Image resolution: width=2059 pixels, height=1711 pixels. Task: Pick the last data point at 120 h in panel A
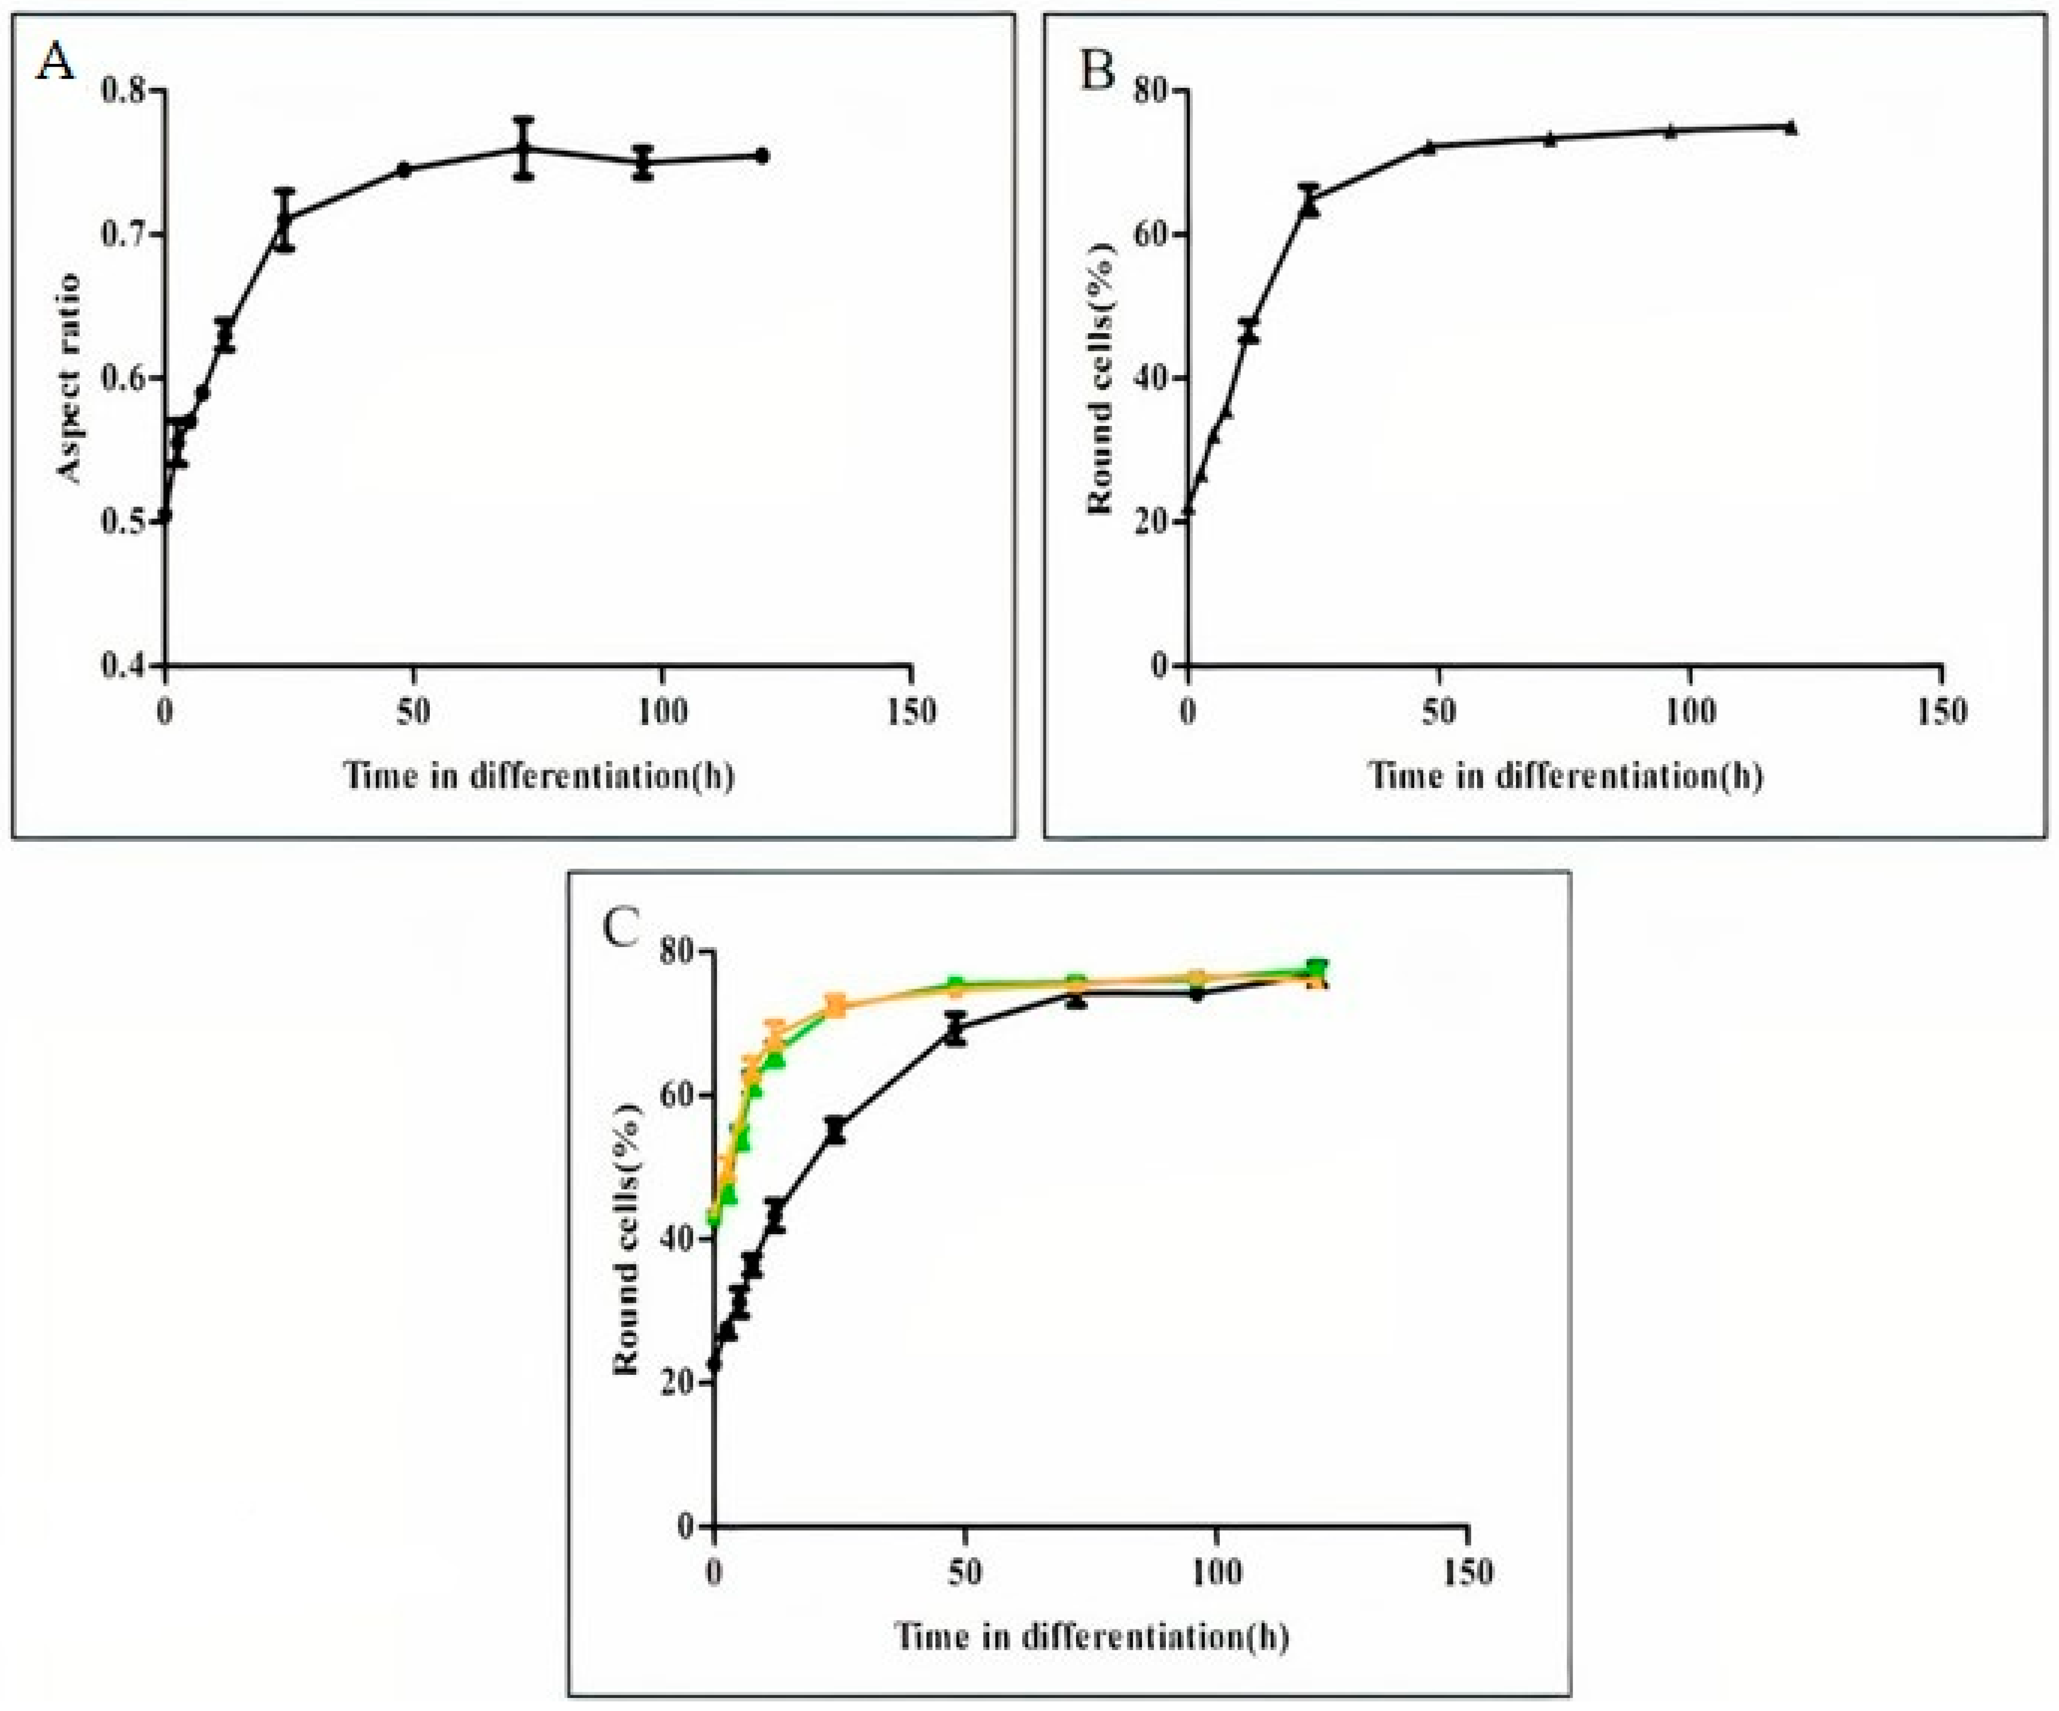762,156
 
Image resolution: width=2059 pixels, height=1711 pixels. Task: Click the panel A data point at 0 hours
166,515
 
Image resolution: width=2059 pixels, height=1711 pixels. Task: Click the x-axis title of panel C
1090,1637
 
